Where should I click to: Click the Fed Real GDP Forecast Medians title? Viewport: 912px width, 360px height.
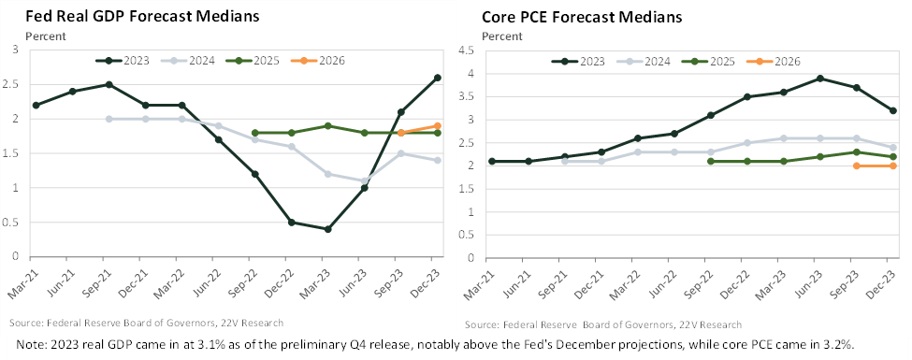142,16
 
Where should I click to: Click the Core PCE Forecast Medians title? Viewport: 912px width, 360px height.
582,17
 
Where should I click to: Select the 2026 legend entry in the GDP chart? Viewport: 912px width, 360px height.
324,60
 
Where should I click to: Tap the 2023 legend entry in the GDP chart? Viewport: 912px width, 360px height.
123,60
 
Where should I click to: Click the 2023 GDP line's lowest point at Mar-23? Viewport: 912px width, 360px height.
327,229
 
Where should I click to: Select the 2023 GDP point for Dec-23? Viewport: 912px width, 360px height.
437,78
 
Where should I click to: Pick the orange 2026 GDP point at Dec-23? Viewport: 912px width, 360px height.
437,125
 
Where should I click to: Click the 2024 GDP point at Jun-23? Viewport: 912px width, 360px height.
364,180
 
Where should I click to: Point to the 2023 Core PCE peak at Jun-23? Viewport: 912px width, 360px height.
819,79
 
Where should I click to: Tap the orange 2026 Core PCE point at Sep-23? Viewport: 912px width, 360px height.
856,166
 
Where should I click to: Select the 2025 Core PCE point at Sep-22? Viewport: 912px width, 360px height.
710,161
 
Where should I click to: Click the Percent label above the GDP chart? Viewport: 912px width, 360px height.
46,36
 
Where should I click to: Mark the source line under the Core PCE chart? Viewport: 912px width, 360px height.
603,324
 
